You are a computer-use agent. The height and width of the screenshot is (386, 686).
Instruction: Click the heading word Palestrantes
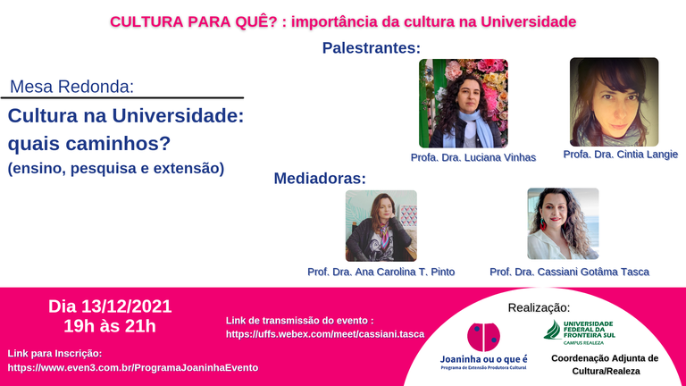(371, 47)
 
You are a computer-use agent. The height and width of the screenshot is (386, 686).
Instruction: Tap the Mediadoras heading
(320, 178)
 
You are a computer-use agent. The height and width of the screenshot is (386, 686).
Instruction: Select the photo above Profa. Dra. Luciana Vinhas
(464, 104)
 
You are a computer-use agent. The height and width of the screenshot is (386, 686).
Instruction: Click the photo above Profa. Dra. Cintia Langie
(614, 102)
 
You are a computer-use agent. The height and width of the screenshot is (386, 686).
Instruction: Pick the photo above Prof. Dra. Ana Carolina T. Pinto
(381, 226)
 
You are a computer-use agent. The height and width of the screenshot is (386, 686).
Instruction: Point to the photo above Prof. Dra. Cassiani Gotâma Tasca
(563, 223)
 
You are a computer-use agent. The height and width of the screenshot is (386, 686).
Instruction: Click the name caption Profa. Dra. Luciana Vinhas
(473, 157)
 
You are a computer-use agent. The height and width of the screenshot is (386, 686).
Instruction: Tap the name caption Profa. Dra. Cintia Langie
(621, 155)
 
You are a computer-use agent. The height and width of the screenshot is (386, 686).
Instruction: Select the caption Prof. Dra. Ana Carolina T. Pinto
(381, 272)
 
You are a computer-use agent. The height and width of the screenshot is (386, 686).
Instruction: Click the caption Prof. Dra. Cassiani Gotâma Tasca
(569, 272)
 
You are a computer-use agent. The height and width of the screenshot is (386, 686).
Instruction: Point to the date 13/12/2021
(127, 306)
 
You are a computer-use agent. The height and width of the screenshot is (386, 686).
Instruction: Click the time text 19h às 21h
(110, 326)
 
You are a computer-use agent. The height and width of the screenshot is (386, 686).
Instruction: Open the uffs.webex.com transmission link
(325, 334)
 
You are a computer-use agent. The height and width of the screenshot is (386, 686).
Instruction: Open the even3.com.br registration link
(133, 367)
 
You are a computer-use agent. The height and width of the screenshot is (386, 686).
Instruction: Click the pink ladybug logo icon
(483, 337)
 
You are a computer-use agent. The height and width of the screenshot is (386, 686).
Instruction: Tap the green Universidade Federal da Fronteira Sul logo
(579, 332)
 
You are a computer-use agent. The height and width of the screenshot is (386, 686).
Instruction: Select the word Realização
(539, 307)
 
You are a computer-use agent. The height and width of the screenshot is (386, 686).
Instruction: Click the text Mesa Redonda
(71, 87)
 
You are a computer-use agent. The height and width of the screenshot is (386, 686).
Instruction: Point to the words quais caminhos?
(89, 143)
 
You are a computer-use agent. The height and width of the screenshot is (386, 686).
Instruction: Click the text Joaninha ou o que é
(484, 359)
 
